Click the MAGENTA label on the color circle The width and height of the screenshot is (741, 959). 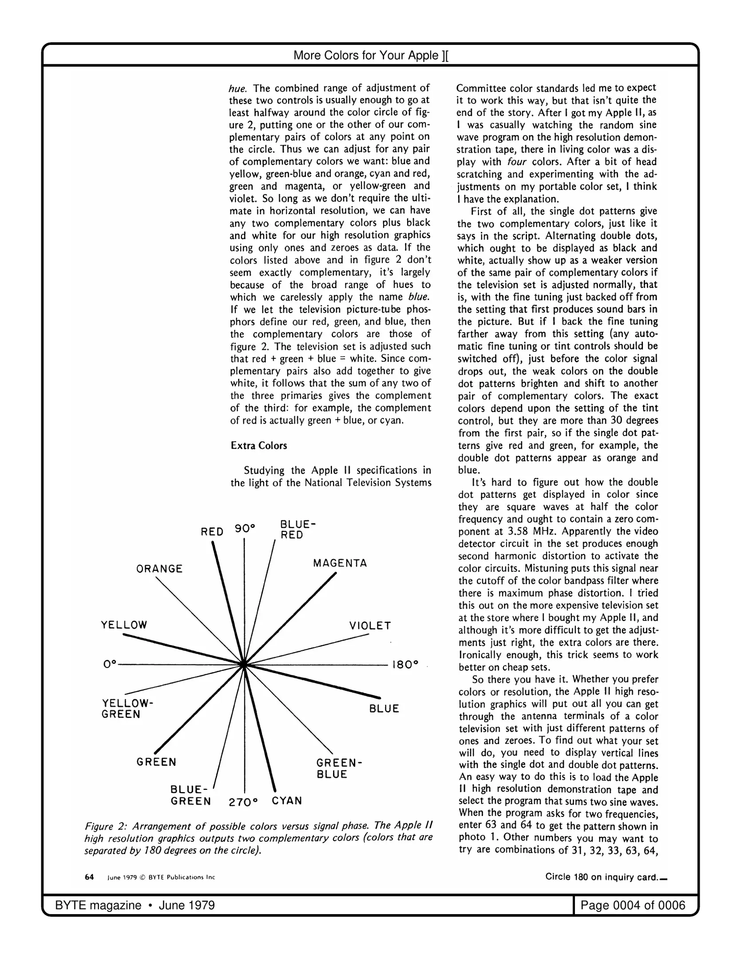coord(340,563)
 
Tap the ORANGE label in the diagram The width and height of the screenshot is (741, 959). coord(159,569)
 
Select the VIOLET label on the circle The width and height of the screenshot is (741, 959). coord(370,626)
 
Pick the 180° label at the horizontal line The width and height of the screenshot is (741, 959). coord(406,665)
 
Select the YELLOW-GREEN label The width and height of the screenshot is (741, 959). coord(127,709)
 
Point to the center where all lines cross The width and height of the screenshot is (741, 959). coord(243,665)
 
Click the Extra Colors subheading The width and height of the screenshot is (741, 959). coord(259,445)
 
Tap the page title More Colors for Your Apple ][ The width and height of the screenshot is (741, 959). coord(370,55)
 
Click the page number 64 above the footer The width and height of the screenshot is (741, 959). coord(89,877)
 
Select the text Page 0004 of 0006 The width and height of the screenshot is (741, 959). coord(633,905)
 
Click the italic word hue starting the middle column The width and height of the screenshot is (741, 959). coord(238,88)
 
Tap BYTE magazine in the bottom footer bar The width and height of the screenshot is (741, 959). coord(98,905)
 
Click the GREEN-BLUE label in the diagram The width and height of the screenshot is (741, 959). coord(339,769)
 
